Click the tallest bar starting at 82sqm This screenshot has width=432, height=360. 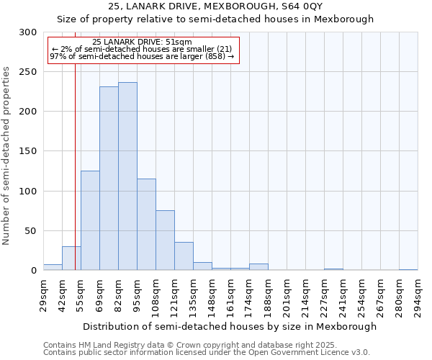(127, 176)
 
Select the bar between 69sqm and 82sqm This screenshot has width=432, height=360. (109, 179)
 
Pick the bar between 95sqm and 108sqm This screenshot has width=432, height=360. (146, 225)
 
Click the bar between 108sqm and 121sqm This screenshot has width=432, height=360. (165, 240)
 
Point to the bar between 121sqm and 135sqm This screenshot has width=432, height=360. (184, 256)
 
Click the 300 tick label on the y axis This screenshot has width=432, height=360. (28, 32)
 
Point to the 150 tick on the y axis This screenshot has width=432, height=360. (28, 151)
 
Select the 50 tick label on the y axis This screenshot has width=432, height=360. (31, 231)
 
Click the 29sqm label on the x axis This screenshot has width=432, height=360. (44, 295)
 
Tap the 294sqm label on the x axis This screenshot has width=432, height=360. (418, 295)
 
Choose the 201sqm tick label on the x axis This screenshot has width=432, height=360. (287, 295)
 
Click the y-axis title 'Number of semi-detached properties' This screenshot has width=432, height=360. (6, 156)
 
